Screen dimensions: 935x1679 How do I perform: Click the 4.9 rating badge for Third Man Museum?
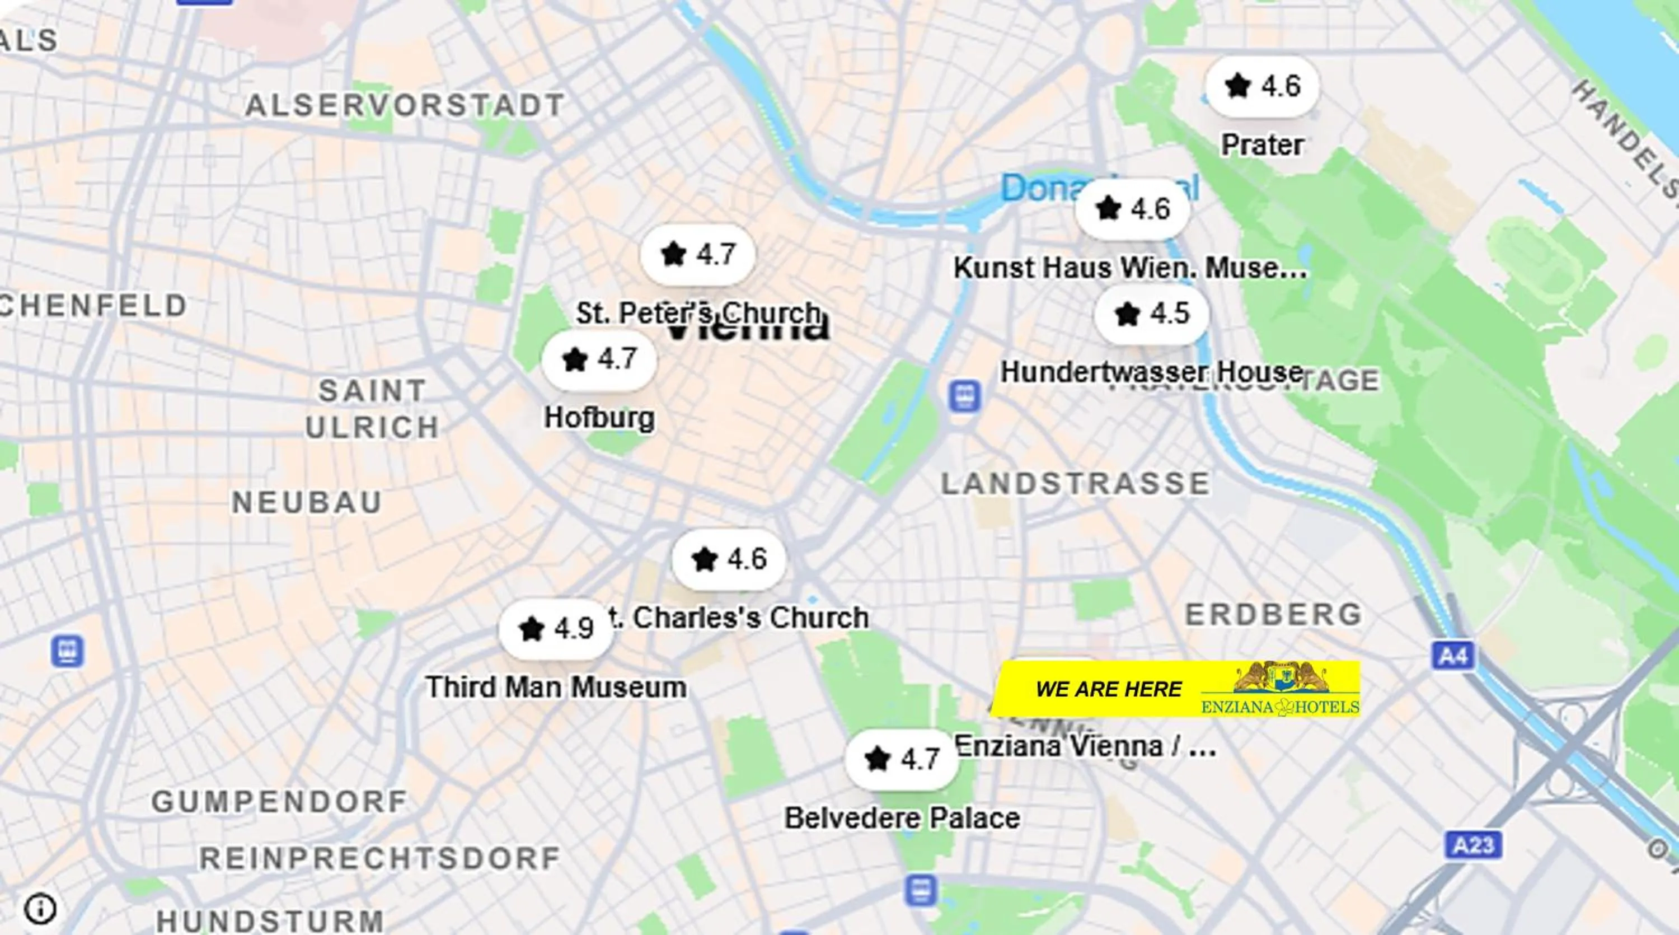556,629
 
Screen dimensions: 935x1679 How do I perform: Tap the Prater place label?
1262,145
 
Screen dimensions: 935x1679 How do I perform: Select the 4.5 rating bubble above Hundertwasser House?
1152,314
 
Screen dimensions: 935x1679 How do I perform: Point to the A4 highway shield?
1452,655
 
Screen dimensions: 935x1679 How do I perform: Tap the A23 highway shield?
1473,845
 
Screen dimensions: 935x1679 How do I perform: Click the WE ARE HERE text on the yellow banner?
1108,689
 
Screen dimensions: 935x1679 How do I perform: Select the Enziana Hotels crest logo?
1281,678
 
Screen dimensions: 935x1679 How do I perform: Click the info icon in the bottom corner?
40,908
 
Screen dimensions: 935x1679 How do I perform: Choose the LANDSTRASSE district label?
1076,484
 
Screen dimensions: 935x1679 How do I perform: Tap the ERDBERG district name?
1273,614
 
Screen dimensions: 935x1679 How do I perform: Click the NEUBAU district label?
307,503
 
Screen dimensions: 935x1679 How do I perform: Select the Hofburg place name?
599,418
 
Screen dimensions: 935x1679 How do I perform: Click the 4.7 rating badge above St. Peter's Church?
697,254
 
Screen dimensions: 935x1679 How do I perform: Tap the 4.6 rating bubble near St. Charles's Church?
729,559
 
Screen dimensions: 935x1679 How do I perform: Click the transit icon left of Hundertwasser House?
965,396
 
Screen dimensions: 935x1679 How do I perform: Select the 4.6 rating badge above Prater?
1262,86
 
